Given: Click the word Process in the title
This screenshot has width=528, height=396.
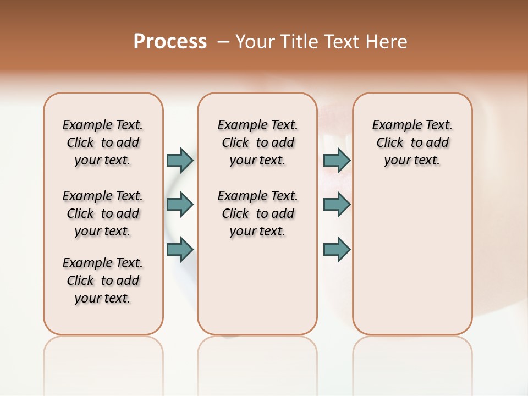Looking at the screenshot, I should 170,41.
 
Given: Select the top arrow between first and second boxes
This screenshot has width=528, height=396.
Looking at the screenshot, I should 180,160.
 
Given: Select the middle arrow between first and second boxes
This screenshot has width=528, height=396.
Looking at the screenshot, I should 180,205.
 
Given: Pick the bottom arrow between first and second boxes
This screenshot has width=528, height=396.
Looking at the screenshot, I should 180,250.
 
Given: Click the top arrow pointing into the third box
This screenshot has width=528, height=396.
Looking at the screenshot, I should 337,160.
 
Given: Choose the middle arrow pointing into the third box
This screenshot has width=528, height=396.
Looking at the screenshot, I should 337,205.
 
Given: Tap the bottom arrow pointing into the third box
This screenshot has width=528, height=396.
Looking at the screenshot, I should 337,250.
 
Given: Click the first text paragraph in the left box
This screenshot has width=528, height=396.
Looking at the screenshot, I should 103,142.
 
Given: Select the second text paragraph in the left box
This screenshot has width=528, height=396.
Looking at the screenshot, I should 103,213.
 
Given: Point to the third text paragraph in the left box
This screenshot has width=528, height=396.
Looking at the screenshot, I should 103,280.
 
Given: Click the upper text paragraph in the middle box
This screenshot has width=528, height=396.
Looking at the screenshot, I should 258,142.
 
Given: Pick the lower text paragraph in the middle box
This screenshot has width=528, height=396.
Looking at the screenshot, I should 258,213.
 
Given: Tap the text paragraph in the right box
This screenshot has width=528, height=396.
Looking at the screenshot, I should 413,142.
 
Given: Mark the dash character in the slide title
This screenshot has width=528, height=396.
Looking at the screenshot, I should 223,42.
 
